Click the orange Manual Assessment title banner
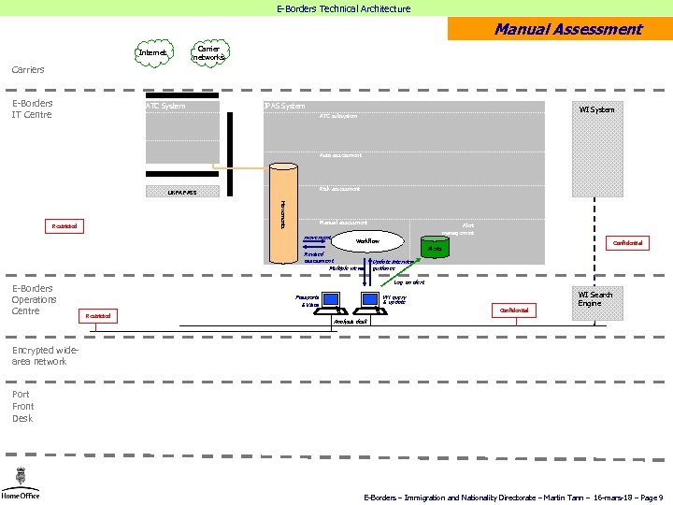click(x=560, y=29)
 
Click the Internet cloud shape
click(x=152, y=52)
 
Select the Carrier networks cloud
click(x=209, y=52)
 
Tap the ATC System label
click(x=165, y=106)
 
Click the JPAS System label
click(x=284, y=106)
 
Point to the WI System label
click(x=596, y=109)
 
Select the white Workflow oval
click(x=367, y=241)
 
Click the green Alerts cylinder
click(x=434, y=248)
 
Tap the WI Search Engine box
click(x=595, y=299)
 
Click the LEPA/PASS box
click(x=182, y=192)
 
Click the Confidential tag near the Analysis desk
click(x=514, y=310)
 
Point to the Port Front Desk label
click(x=23, y=407)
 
